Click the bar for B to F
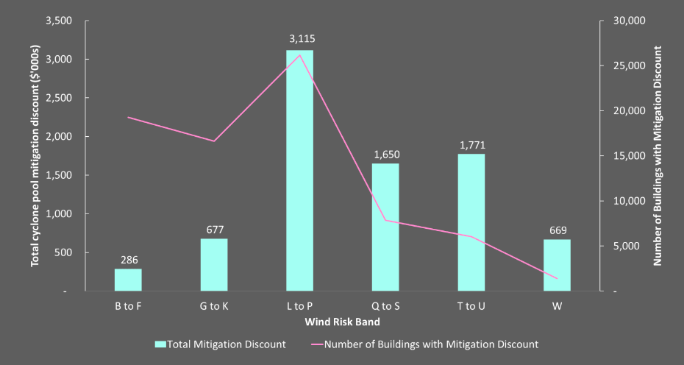(128, 280)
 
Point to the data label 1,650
(385, 155)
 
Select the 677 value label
(214, 230)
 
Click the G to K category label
(214, 306)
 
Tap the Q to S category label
(385, 306)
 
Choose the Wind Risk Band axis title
(342, 322)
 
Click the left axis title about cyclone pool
(35, 155)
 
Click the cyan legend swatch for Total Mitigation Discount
(160, 344)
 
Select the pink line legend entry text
(431, 344)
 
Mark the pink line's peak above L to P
(299, 55)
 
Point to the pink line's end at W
(557, 279)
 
